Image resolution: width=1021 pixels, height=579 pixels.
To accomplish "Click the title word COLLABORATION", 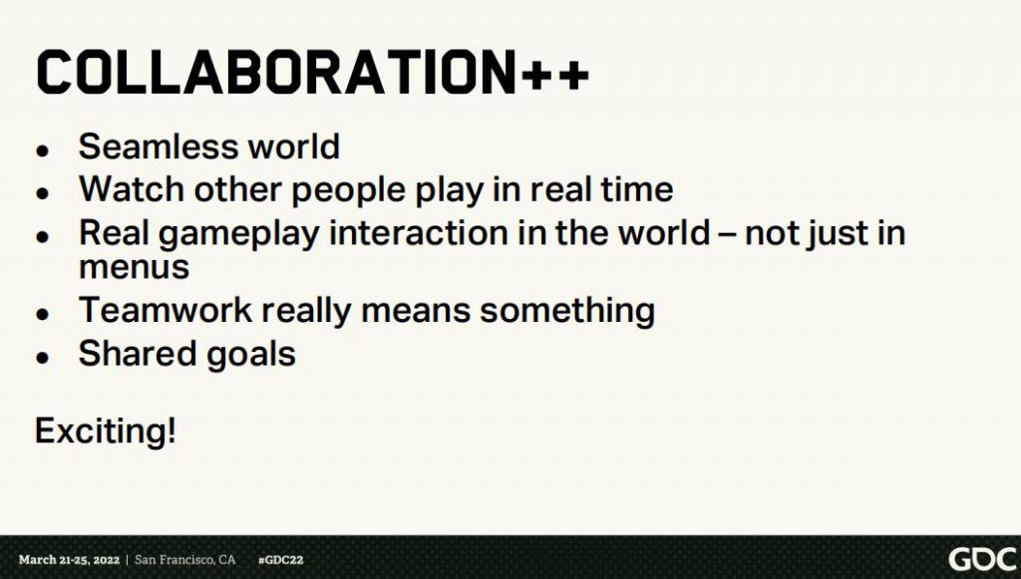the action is pos(277,72).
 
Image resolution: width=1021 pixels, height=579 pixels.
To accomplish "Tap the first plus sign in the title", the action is pos(536,75).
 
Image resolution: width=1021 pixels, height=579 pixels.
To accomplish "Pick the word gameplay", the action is pos(238,235).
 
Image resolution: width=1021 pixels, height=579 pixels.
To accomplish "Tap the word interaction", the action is pos(418,233).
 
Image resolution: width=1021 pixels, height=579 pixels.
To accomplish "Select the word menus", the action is pos(135,267).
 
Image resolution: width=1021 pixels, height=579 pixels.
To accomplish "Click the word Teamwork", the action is pos(165,310).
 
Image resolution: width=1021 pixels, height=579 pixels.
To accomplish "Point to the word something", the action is pos(567,311).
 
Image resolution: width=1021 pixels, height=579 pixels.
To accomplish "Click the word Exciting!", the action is pos(105,432).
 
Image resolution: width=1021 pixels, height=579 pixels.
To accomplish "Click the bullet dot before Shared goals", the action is pos(43,357).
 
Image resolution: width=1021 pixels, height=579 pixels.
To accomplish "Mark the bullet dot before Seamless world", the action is pos(43,150).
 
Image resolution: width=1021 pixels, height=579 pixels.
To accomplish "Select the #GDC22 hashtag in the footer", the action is pos(280,559).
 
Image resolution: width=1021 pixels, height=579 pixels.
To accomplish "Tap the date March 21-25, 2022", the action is pos(69,559).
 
